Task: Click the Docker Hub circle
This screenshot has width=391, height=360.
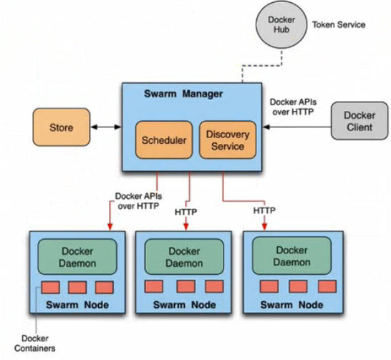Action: point(281,25)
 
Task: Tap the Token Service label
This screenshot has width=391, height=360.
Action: point(339,24)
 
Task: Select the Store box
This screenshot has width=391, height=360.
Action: point(62,127)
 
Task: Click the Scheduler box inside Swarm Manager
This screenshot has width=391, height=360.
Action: point(164,140)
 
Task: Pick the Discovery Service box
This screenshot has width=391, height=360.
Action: point(228,140)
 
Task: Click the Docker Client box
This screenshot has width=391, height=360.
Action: point(359,121)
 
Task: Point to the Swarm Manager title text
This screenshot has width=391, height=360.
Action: point(183,94)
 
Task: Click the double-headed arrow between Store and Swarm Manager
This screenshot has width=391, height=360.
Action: point(106,127)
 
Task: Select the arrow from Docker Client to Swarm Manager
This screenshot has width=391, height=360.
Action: point(297,127)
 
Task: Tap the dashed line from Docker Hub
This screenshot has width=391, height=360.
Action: point(262,66)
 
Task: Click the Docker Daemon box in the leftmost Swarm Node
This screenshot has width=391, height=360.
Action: point(77,257)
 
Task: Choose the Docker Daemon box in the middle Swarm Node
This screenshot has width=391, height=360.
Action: point(184,257)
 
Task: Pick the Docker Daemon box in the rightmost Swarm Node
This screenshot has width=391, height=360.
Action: point(291,256)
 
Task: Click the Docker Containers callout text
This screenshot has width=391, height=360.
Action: point(34,343)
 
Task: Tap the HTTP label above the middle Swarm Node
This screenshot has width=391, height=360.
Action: point(185,212)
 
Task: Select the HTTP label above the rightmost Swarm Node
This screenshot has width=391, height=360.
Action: point(264,210)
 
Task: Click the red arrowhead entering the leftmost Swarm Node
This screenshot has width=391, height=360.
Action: point(110,226)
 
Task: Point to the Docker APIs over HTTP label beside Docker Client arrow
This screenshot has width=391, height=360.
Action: point(293,107)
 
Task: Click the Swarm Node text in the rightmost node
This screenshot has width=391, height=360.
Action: point(291,305)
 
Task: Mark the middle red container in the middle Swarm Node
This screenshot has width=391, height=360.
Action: point(185,286)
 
